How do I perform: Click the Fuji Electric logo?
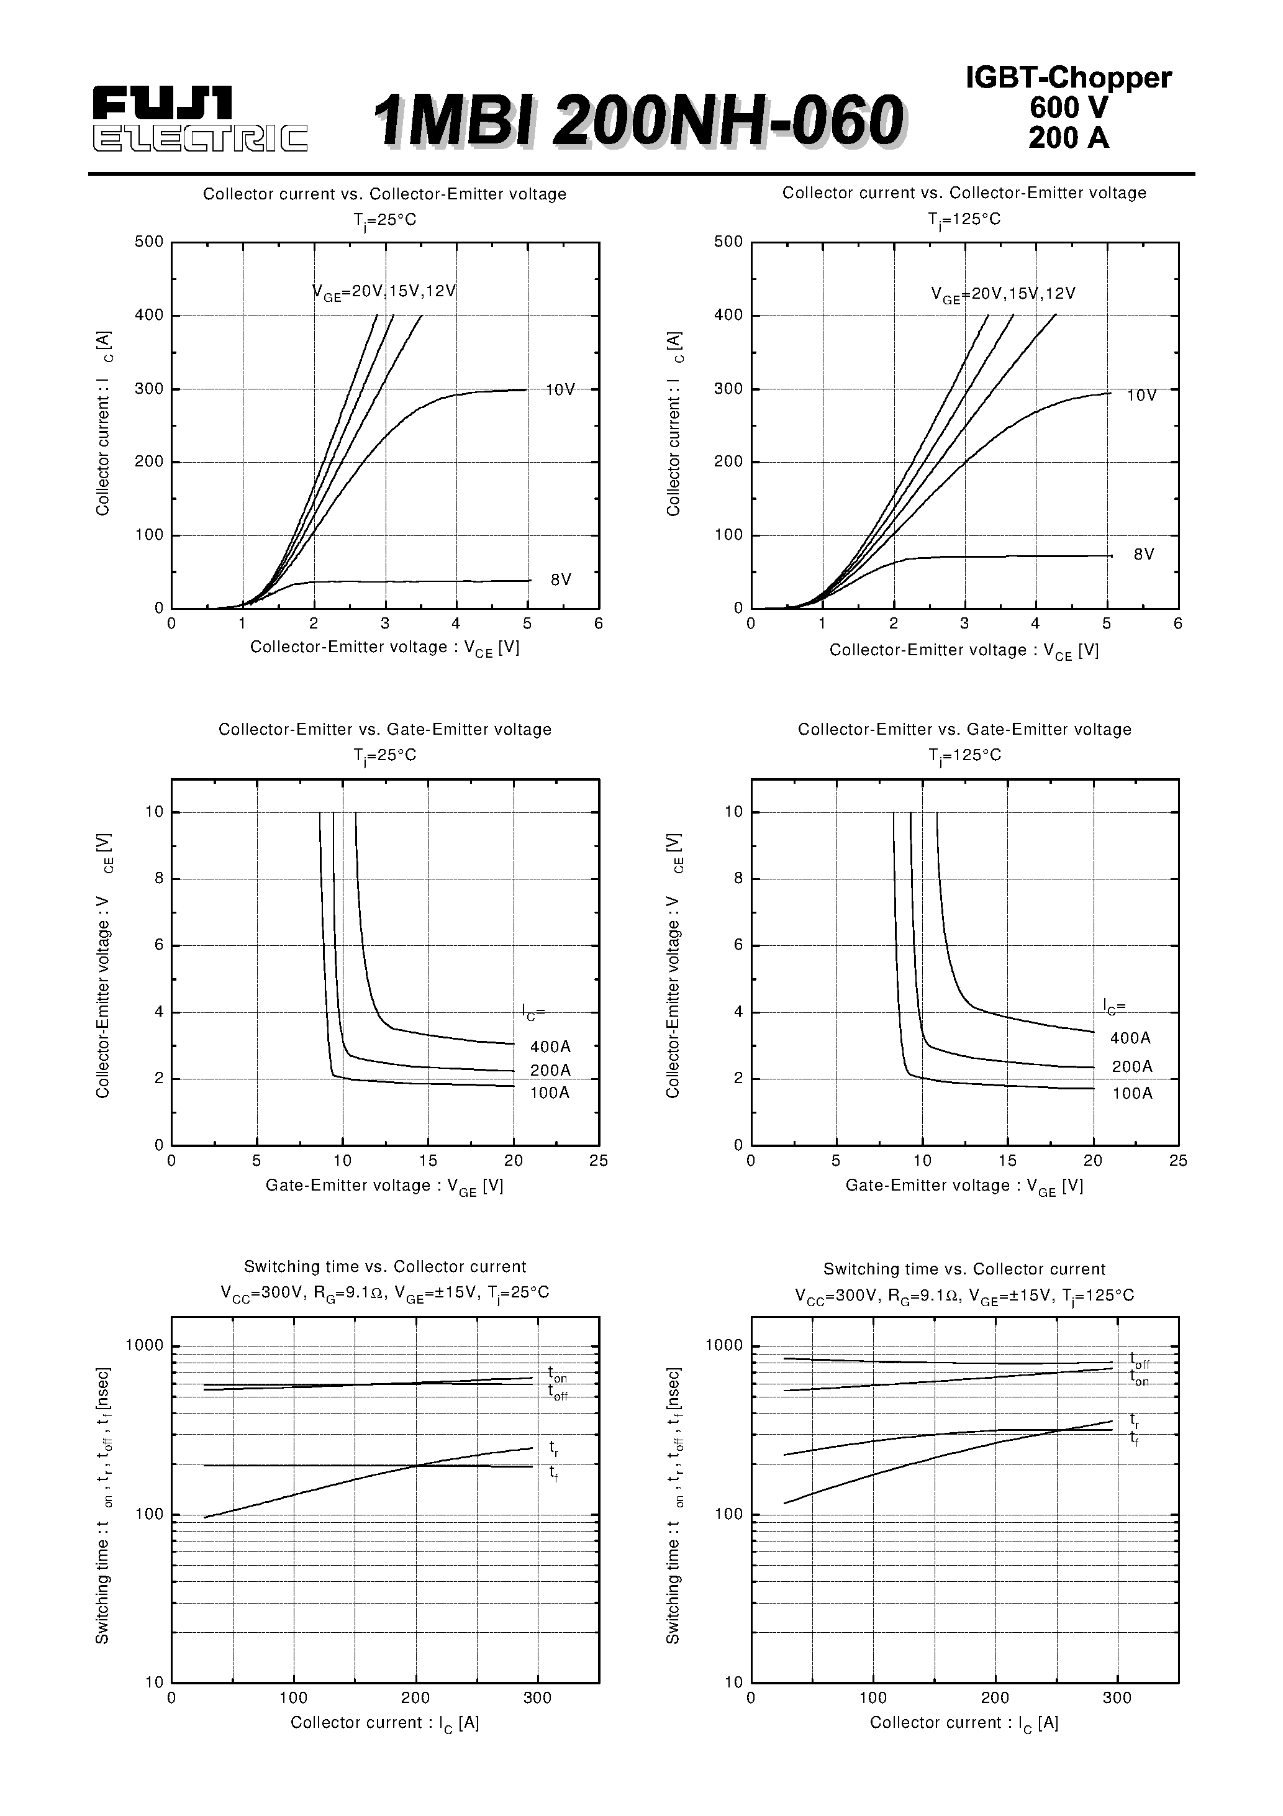click(x=199, y=119)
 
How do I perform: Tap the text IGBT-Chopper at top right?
click(x=1068, y=78)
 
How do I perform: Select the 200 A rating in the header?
click(x=1068, y=138)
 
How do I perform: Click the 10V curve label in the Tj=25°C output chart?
click(x=560, y=390)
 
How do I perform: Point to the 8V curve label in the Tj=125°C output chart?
click(x=1144, y=555)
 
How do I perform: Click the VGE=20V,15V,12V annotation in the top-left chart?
click(x=384, y=292)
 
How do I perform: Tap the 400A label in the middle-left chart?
click(x=550, y=1047)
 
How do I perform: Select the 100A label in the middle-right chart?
click(x=1132, y=1094)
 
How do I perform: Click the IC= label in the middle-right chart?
click(x=1115, y=1007)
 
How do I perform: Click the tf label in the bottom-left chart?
click(x=554, y=1472)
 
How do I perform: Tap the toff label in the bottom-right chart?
click(x=1139, y=1360)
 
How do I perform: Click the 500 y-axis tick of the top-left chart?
click(x=148, y=242)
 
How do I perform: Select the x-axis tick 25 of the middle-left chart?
click(x=599, y=1160)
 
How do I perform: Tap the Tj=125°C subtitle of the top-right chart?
click(x=964, y=219)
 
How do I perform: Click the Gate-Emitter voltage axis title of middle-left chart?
click(x=384, y=1186)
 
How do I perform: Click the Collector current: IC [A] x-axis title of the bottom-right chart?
click(x=963, y=1723)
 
